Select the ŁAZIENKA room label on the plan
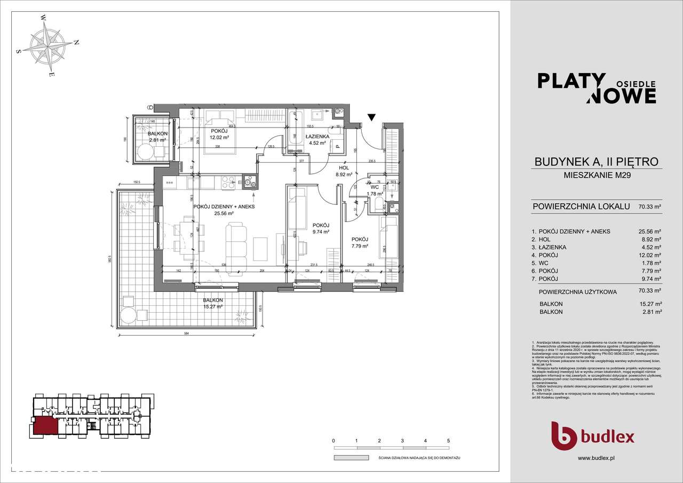pos(317,136)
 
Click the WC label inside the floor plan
pos(374,187)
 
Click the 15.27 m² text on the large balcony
pos(213,307)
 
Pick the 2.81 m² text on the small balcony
pos(158,140)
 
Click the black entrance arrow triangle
pos(372,117)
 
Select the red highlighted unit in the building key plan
pos(44,426)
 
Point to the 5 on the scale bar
pos(448,441)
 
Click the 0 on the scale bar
pos(333,441)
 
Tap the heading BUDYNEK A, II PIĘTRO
pos(597,161)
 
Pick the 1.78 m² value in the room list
pos(650,263)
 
